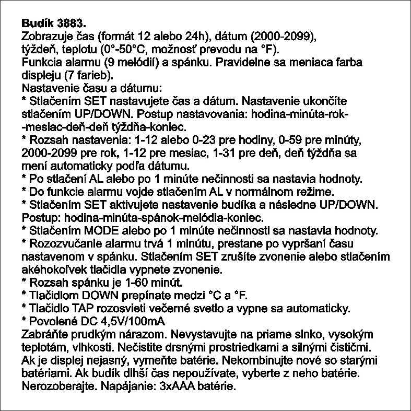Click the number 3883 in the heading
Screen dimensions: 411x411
pyautogui.click(x=69, y=24)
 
